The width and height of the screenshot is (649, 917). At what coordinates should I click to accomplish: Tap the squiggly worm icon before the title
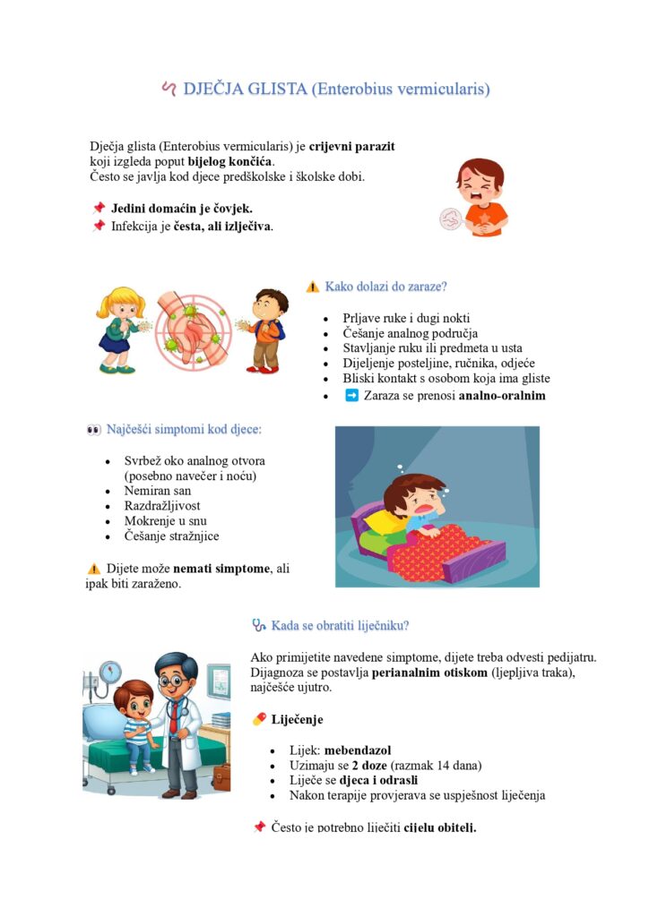(168, 89)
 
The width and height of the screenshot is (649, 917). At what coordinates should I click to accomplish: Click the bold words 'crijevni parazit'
(352, 146)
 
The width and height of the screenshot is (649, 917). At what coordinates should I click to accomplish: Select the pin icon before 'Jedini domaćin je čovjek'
(99, 209)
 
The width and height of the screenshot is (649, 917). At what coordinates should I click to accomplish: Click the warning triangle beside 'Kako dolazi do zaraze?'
(312, 287)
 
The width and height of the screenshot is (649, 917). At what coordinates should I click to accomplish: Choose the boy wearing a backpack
(267, 330)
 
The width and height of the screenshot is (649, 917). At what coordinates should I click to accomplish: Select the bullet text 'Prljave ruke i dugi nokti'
(406, 318)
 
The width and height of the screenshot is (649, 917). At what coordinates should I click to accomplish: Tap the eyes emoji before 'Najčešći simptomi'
(93, 430)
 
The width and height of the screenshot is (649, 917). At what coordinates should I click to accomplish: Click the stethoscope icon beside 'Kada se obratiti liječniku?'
(259, 625)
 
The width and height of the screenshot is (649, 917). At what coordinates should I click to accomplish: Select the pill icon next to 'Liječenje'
(260, 719)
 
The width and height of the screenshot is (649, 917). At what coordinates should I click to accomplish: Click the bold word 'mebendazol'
(358, 750)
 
